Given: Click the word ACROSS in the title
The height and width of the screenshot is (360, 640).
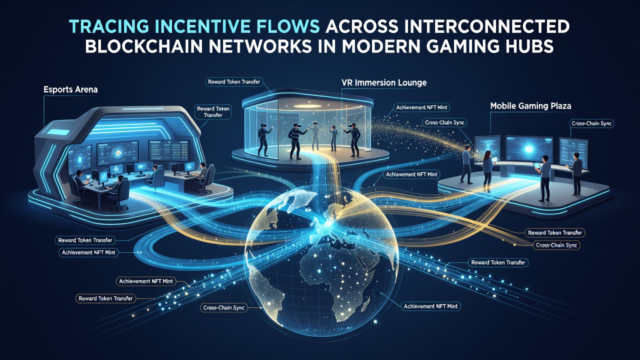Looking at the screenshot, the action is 359,27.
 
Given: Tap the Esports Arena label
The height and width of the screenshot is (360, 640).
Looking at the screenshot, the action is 70,89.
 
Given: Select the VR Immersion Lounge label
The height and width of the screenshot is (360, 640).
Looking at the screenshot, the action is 384,83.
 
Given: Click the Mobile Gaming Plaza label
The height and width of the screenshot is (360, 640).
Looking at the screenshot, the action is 530,106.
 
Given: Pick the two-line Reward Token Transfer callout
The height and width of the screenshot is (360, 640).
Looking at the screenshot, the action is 213,112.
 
